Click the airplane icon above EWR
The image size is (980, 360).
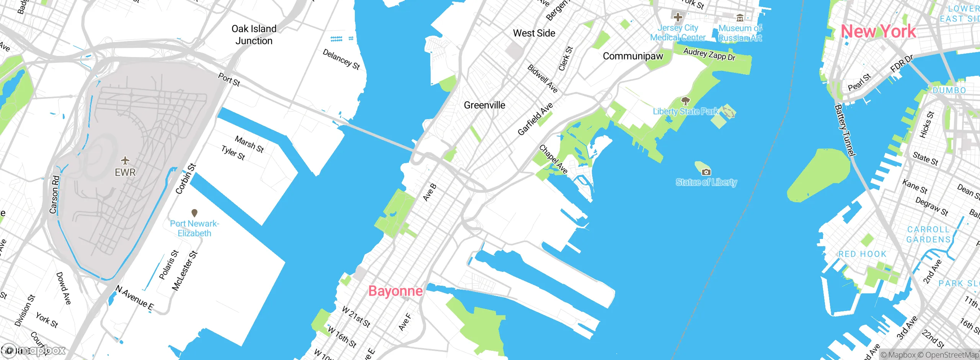(x=125, y=160)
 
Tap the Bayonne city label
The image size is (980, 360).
(x=395, y=291)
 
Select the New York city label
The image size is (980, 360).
(x=878, y=31)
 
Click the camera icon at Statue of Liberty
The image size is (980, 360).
(x=706, y=172)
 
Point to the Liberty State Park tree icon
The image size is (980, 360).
(x=685, y=101)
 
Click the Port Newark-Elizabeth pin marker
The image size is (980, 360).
(x=194, y=213)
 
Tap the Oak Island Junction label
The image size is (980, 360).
(x=254, y=35)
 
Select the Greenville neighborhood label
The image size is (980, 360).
(x=484, y=105)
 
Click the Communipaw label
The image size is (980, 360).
(x=633, y=56)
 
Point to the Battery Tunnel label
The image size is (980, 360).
(x=845, y=130)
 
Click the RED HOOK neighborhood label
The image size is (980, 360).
(x=862, y=254)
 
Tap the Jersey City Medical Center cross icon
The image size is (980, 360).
(x=678, y=17)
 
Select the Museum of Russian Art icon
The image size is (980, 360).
(x=740, y=18)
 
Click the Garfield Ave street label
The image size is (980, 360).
(x=535, y=119)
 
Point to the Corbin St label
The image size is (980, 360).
(x=186, y=178)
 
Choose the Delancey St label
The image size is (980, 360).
(x=341, y=59)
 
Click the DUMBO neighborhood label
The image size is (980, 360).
(x=949, y=91)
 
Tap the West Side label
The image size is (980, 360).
(x=534, y=33)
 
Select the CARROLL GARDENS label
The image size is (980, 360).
(x=929, y=234)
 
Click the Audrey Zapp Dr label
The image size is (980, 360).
(x=709, y=54)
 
